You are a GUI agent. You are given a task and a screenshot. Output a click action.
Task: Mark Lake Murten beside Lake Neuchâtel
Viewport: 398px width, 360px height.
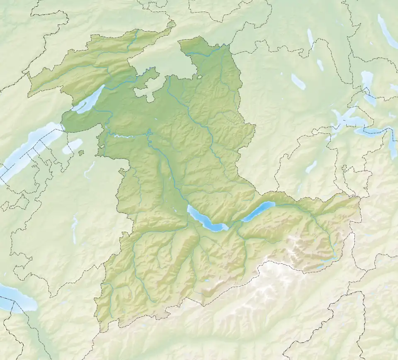pyautogui.click(x=72, y=146)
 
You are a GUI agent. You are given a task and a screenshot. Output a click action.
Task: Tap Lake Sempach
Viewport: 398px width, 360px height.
pyautogui.click(x=298, y=82)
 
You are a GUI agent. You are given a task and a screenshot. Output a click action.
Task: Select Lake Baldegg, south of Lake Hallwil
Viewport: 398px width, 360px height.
pyautogui.click(x=320, y=65)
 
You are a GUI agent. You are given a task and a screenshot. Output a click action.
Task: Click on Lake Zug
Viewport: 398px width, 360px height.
pyautogui.click(x=366, y=85)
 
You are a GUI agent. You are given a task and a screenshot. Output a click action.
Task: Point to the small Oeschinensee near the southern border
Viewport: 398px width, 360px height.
pyautogui.click(x=207, y=281)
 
